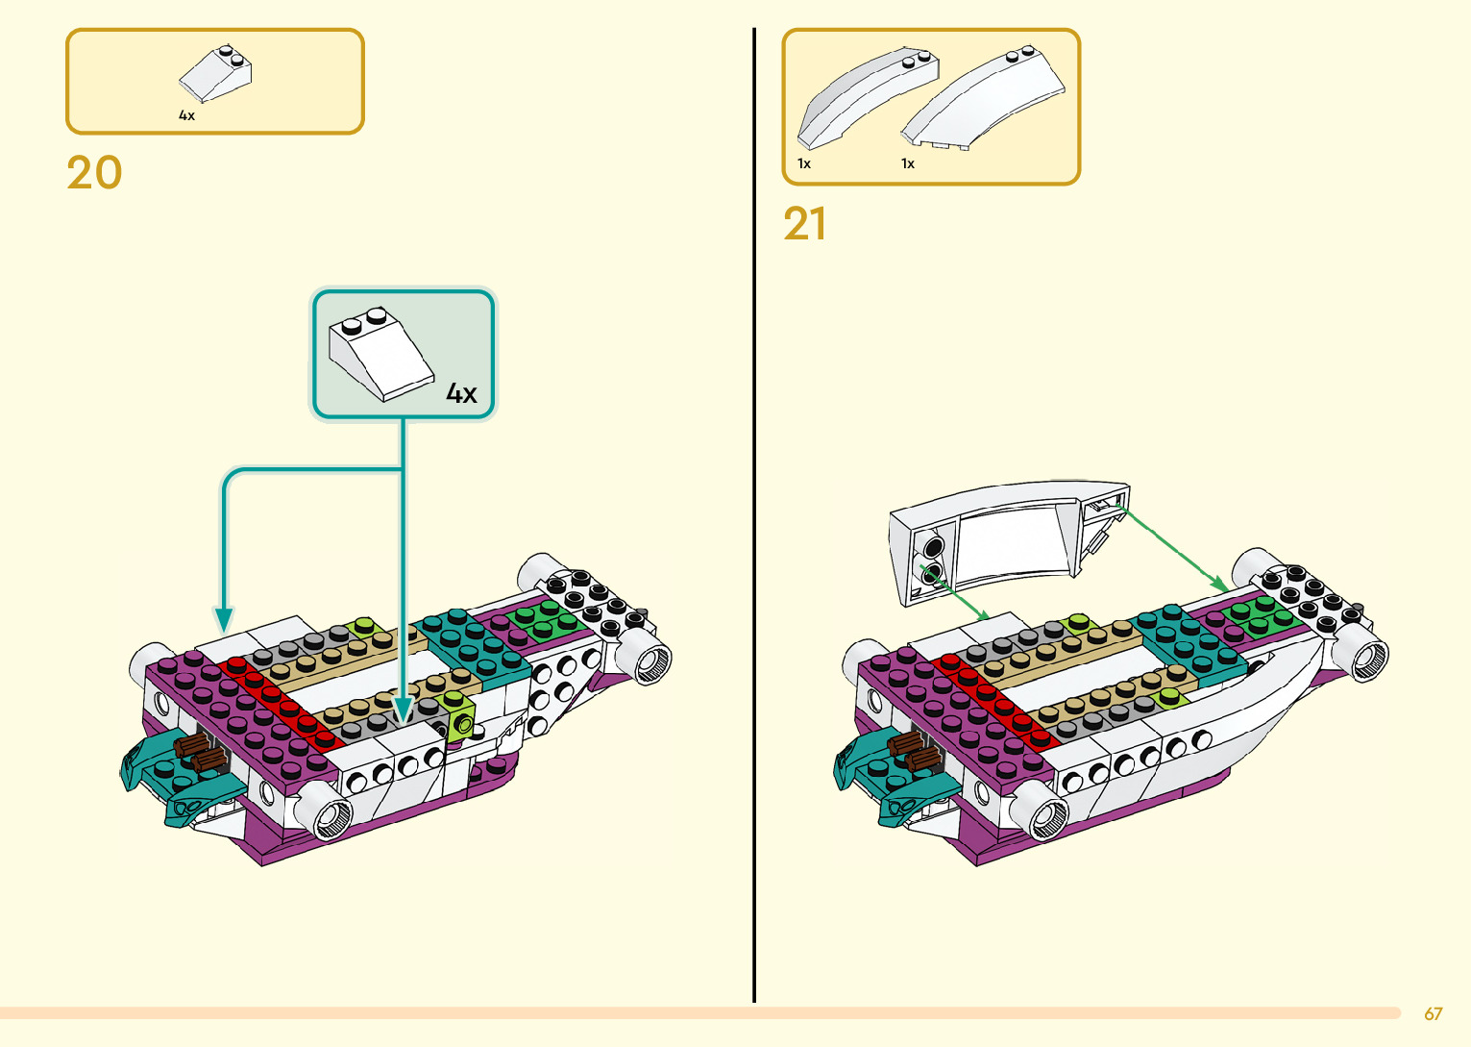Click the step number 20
coord(94,172)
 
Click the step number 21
coord(804,223)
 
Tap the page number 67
coord(1433,1013)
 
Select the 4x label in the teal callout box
coord(461,393)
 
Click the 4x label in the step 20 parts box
coord(186,115)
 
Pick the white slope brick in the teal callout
coord(380,353)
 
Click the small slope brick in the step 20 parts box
coord(215,74)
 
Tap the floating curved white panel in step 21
coord(1009,541)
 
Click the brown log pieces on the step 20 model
coord(201,753)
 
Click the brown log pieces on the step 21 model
coord(914,751)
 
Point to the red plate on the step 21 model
coord(994,701)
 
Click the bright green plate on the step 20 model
coord(545,622)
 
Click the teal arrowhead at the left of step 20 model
coord(224,620)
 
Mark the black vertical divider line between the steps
coord(754,514)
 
